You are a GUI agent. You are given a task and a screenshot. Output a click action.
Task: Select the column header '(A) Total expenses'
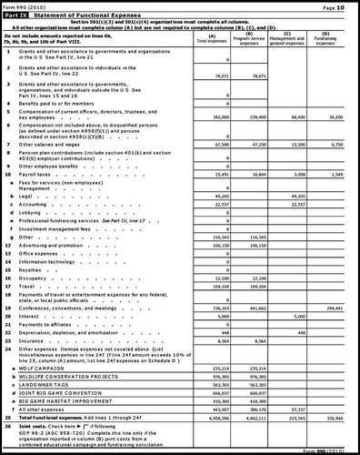tap(211, 42)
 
